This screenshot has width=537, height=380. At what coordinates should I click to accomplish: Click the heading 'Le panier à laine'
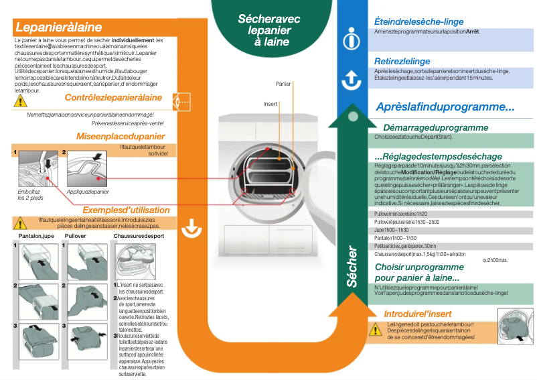click(x=58, y=27)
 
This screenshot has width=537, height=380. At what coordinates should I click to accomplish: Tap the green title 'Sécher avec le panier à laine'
click(x=268, y=30)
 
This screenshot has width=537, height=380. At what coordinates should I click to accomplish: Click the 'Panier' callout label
click(x=283, y=84)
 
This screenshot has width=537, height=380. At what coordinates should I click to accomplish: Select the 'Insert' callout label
click(x=270, y=104)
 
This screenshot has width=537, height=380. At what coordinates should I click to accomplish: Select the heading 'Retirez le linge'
click(x=402, y=62)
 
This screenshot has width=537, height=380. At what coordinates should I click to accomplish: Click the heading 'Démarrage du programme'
click(x=435, y=127)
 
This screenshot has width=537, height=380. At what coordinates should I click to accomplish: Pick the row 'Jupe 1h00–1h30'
click(x=392, y=230)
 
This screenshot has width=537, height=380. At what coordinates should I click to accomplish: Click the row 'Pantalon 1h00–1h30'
click(x=395, y=238)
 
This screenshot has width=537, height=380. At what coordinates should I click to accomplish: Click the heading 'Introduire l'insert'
click(x=417, y=314)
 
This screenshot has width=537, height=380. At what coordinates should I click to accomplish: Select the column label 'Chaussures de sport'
click(x=139, y=237)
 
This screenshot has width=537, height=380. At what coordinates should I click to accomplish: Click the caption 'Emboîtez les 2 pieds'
click(x=29, y=195)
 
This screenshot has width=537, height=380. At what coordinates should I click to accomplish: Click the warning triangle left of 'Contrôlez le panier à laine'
click(x=21, y=101)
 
